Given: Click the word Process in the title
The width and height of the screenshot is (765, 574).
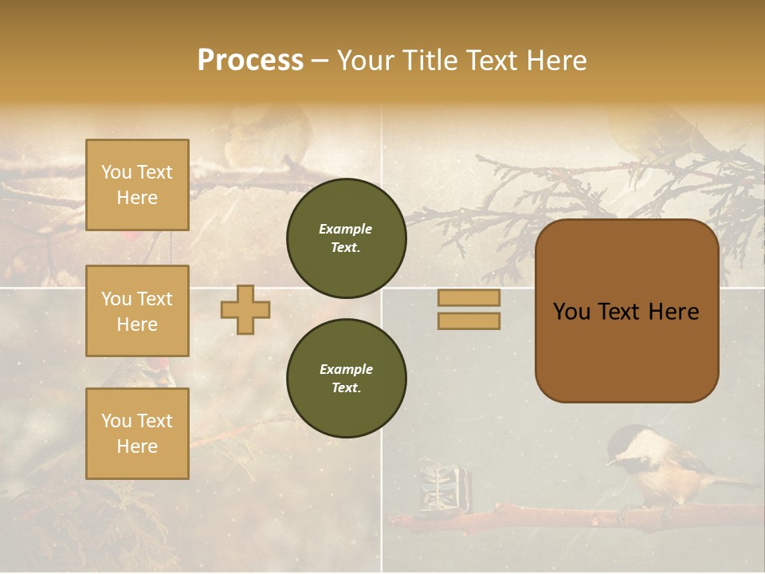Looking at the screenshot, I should [x=250, y=61].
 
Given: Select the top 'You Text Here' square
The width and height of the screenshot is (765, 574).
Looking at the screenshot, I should [x=137, y=185].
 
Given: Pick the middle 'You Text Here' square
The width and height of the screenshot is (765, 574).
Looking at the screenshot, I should [x=137, y=311].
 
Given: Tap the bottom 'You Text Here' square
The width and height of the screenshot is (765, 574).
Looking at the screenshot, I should [x=137, y=434].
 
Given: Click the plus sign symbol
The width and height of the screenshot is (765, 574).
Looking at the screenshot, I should [x=245, y=309].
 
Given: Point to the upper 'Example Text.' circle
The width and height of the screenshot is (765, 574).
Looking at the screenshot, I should [x=346, y=238].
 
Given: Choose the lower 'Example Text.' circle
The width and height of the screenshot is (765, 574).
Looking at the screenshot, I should [x=346, y=379].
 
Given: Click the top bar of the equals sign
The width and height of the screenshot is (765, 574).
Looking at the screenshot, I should [x=469, y=298].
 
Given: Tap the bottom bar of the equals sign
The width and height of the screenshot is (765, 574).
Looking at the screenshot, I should [x=469, y=320].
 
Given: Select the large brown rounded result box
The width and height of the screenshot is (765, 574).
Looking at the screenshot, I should [x=626, y=311].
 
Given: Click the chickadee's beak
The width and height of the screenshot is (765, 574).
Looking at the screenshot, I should [x=609, y=460].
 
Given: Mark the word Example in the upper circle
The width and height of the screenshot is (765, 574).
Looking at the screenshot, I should [x=346, y=229].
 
